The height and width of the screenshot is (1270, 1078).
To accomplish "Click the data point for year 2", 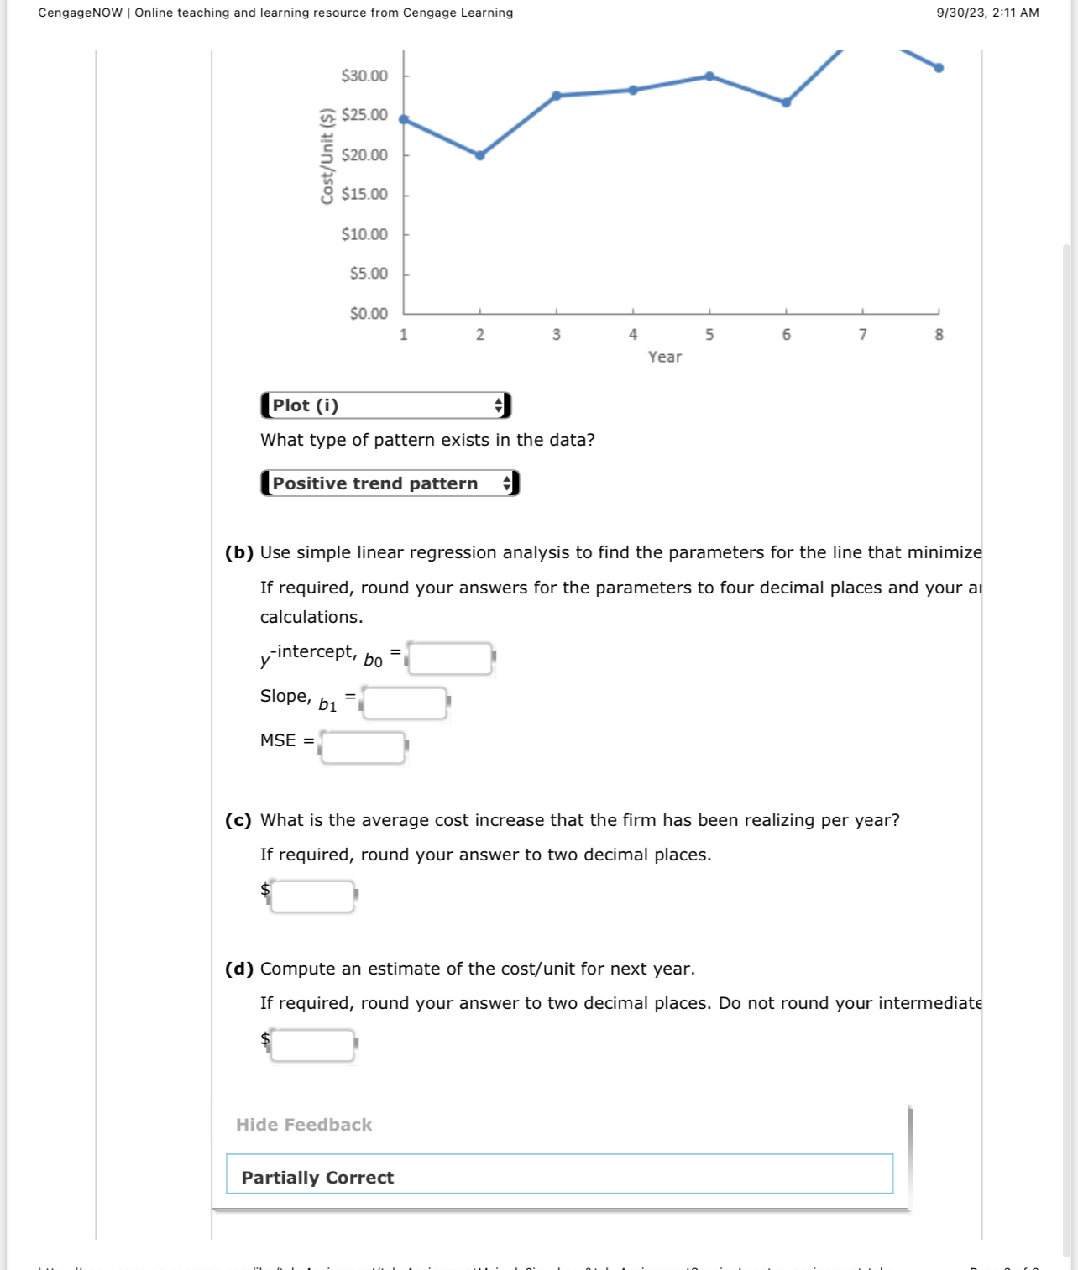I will click(x=479, y=155).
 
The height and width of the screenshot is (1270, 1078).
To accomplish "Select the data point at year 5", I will click(x=709, y=76).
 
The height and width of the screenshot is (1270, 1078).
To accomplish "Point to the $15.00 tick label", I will click(x=364, y=194).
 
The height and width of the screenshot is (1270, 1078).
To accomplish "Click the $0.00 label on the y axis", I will click(x=369, y=314).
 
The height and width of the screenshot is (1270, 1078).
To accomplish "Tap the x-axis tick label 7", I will click(x=862, y=335).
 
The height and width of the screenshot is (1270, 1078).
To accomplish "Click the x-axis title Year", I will click(x=664, y=357).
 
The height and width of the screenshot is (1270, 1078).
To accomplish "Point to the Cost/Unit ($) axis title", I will click(x=327, y=156).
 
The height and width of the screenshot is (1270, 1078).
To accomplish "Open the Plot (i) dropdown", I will click(x=385, y=405).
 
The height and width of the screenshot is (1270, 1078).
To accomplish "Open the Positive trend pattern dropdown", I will click(x=390, y=483).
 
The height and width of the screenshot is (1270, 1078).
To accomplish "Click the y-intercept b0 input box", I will click(x=450, y=659).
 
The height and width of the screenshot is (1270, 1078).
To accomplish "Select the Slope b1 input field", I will click(x=405, y=703).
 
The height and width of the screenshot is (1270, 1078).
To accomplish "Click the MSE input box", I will click(x=363, y=747).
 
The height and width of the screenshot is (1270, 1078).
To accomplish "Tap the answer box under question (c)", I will click(x=312, y=896).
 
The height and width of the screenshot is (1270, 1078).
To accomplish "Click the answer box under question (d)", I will click(x=312, y=1045).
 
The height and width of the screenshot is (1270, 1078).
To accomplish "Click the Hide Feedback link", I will click(x=304, y=1125).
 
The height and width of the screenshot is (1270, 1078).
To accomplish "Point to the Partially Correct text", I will click(x=317, y=1178).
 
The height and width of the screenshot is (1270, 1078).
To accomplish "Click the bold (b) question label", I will click(x=239, y=552).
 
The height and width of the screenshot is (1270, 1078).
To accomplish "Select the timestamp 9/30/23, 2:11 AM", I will click(x=987, y=13).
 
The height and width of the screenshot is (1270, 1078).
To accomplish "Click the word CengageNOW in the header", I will click(x=80, y=13).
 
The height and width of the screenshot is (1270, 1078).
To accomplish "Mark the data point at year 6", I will click(x=786, y=103).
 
